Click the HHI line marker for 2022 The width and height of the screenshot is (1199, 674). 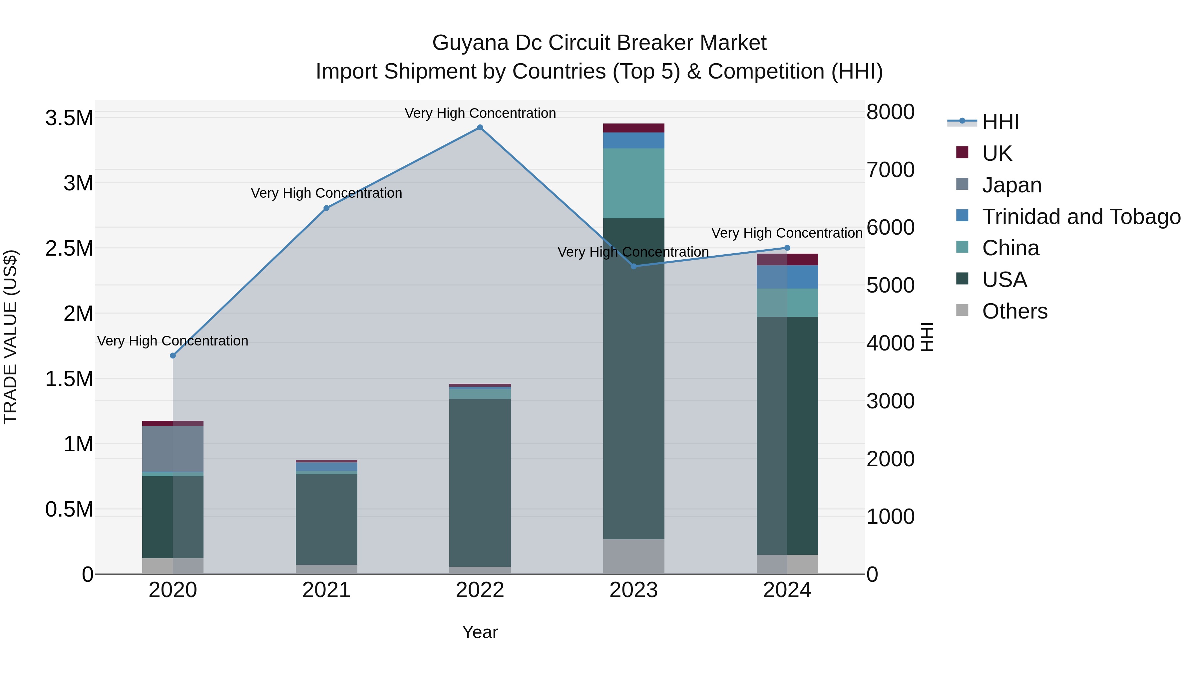[480, 127]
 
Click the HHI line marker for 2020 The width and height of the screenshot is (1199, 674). [173, 355]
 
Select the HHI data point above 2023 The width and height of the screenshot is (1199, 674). [633, 266]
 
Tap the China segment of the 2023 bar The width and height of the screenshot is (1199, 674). [633, 183]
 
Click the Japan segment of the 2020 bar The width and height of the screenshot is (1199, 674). [173, 449]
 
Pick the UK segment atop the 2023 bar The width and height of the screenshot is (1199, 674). [633, 128]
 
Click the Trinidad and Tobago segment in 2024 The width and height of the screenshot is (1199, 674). [787, 277]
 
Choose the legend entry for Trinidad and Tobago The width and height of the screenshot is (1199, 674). [1081, 217]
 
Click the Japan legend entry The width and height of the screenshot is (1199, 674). [1011, 185]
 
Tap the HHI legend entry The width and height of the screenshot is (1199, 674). [1000, 122]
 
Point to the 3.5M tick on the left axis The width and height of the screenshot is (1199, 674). [69, 118]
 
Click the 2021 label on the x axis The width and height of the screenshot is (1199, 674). [326, 590]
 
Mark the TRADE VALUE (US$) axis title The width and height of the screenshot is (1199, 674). [10, 337]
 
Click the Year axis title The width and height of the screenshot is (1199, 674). [480, 632]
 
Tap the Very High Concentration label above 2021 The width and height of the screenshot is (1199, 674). [326, 193]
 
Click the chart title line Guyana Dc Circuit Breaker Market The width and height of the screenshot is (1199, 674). [599, 43]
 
